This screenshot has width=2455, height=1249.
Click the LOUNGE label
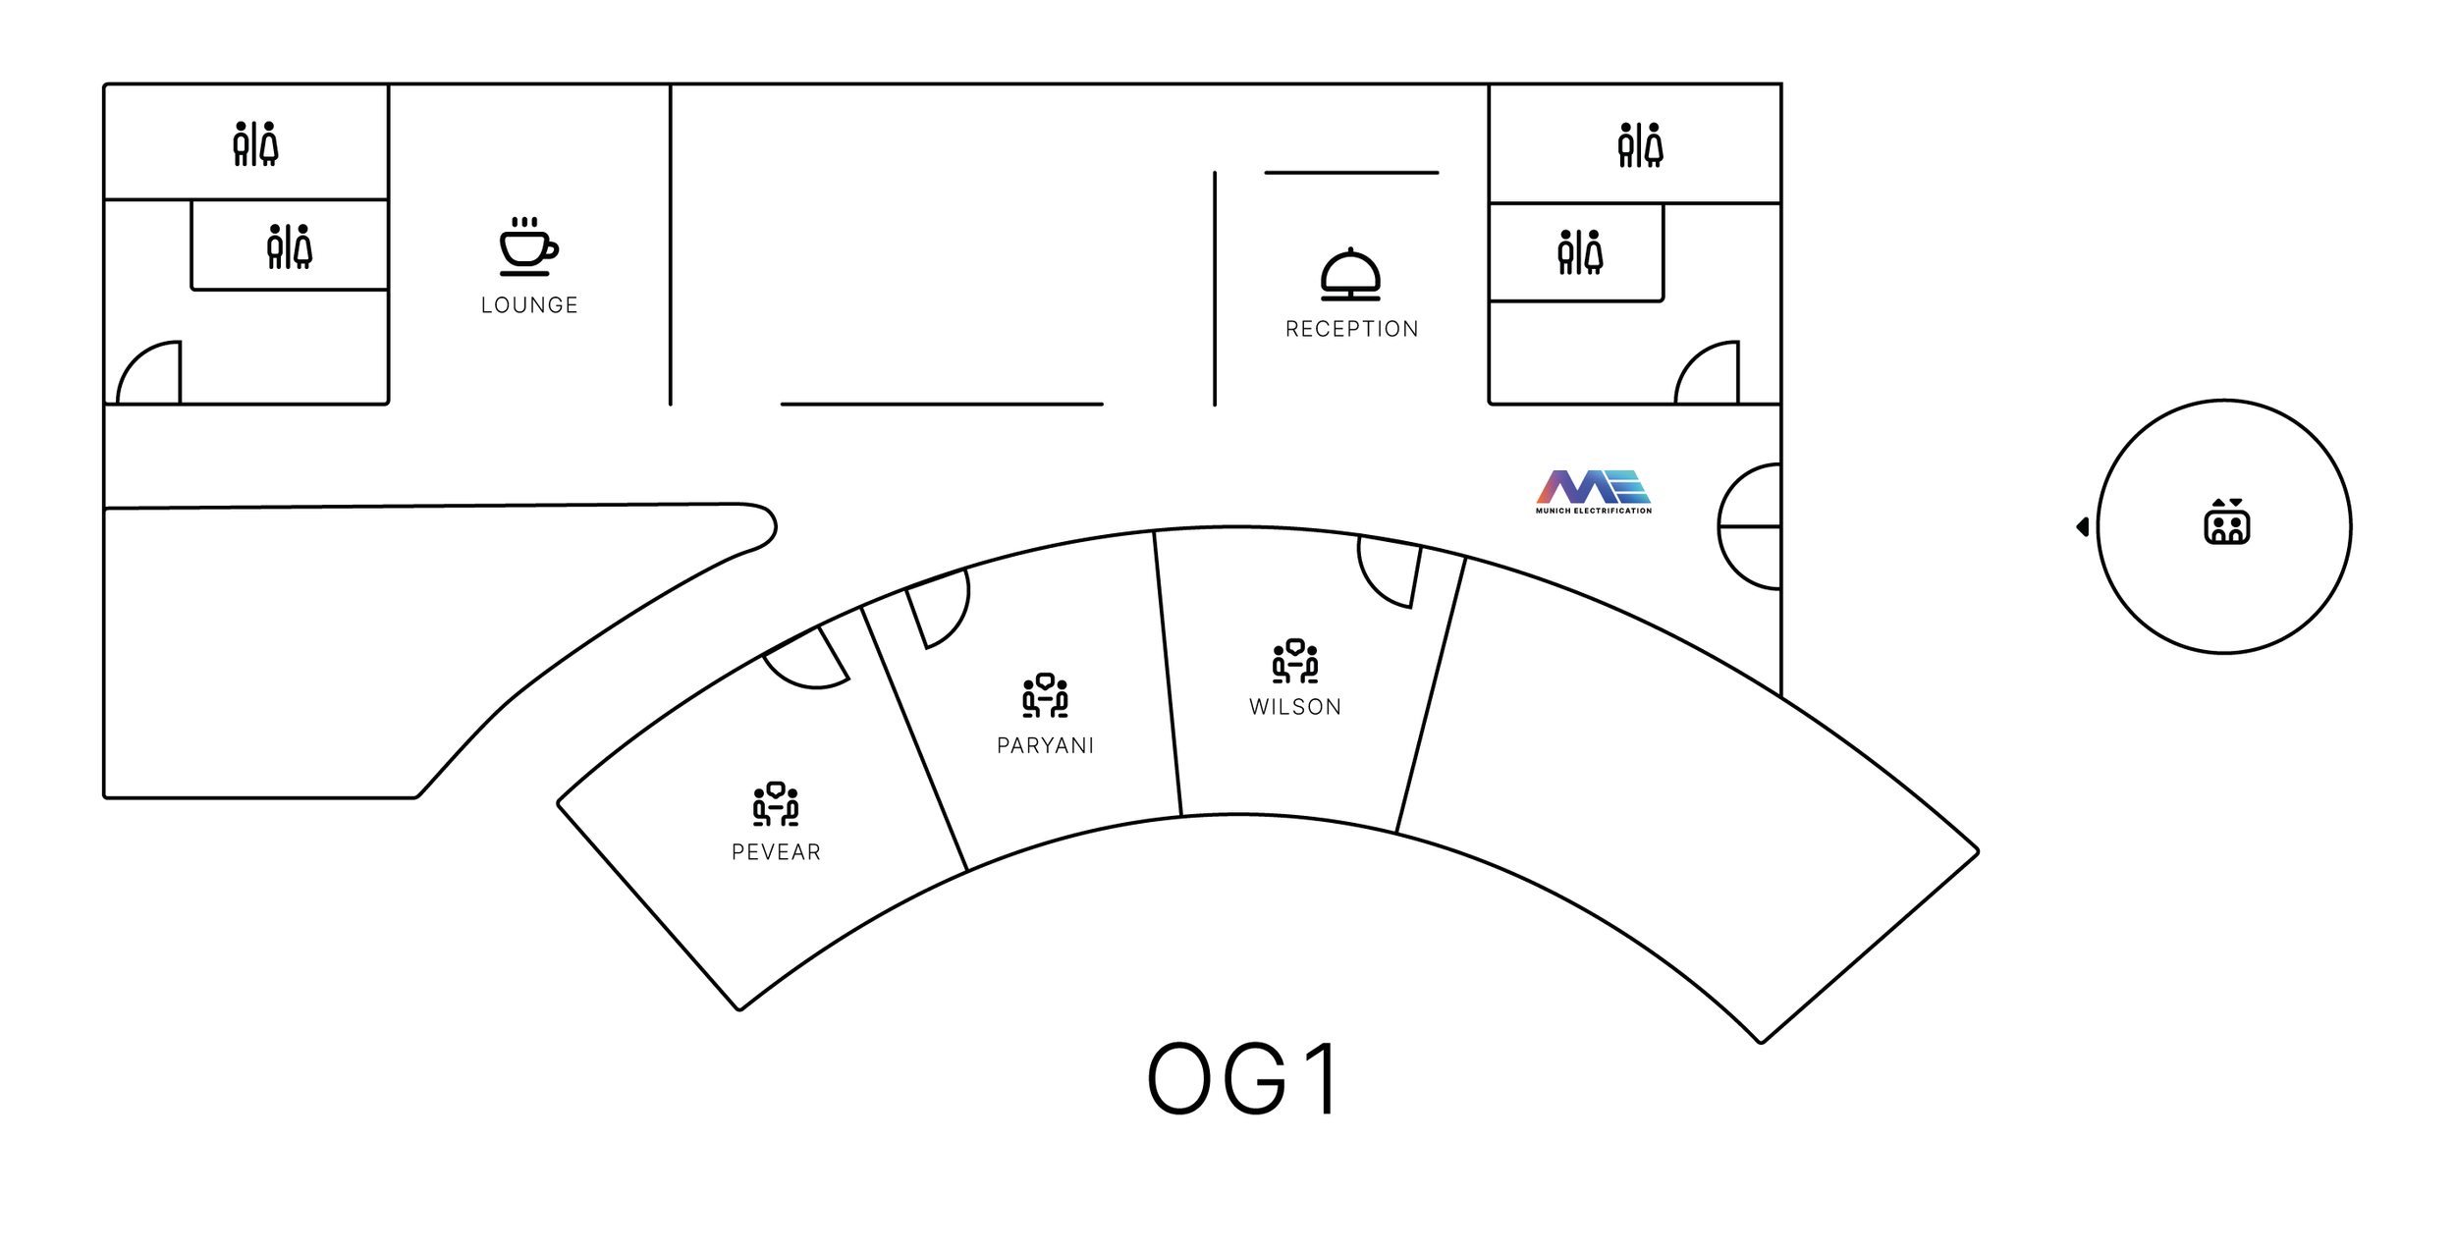coord(529,305)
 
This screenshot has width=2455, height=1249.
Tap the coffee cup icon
coord(527,246)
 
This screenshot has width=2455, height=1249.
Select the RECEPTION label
coord(1351,329)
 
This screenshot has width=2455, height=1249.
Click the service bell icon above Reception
coord(1350,275)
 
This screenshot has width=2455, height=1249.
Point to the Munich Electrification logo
coord(1593,491)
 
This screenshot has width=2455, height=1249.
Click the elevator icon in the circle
coord(2226,521)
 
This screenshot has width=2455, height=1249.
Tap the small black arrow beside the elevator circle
coord(2082,527)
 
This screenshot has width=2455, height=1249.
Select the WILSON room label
coord(1294,707)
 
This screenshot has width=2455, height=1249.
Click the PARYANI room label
coord(1045,745)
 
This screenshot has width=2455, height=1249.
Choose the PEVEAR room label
coord(776,852)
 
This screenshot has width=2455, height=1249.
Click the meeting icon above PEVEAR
coord(776,804)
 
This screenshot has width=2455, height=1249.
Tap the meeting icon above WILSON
coord(1294,661)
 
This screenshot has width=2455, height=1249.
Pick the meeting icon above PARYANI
coord(1045,696)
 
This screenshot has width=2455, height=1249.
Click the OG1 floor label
coord(1243,1080)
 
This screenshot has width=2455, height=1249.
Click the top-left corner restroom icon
coord(255,144)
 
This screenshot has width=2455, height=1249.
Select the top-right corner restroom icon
coord(1640,145)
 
